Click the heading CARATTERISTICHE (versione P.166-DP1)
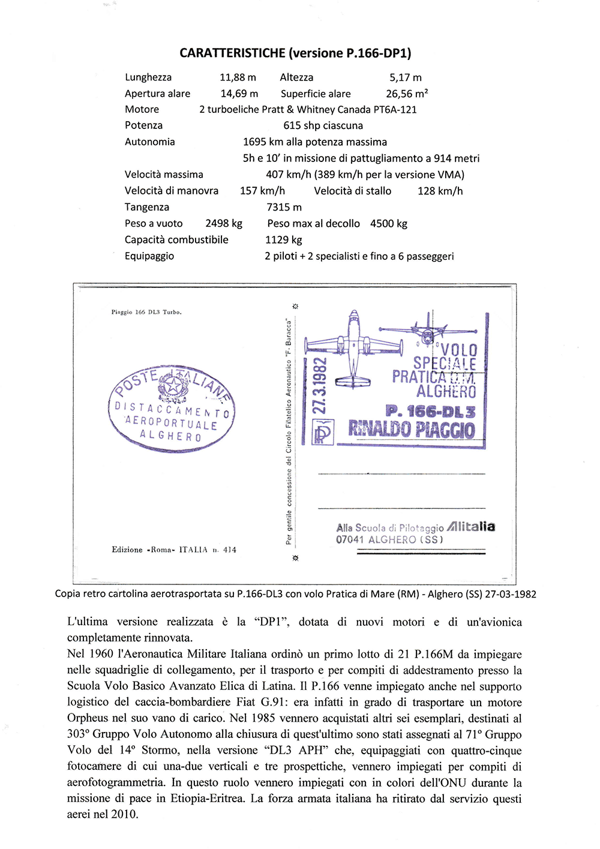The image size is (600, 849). (x=295, y=53)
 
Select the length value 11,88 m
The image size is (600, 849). (x=238, y=77)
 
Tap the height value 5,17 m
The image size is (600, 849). (x=406, y=77)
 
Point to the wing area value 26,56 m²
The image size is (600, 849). (x=407, y=94)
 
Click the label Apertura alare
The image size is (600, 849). (x=157, y=94)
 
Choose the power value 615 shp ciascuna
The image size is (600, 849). (x=323, y=125)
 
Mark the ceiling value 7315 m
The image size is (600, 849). (x=284, y=207)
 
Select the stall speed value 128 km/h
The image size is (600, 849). (x=440, y=191)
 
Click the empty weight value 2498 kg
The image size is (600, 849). (x=224, y=223)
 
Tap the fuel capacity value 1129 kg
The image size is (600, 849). (x=283, y=239)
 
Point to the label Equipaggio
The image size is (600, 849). (x=149, y=256)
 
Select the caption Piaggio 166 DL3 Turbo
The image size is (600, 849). (x=146, y=312)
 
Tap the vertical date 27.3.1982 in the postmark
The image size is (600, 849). (x=319, y=385)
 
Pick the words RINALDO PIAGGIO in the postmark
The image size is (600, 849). (x=412, y=429)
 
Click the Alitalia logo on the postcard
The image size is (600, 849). (x=471, y=526)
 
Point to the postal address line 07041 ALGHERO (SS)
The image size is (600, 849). (x=389, y=539)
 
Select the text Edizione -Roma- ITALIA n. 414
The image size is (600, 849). (x=174, y=550)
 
